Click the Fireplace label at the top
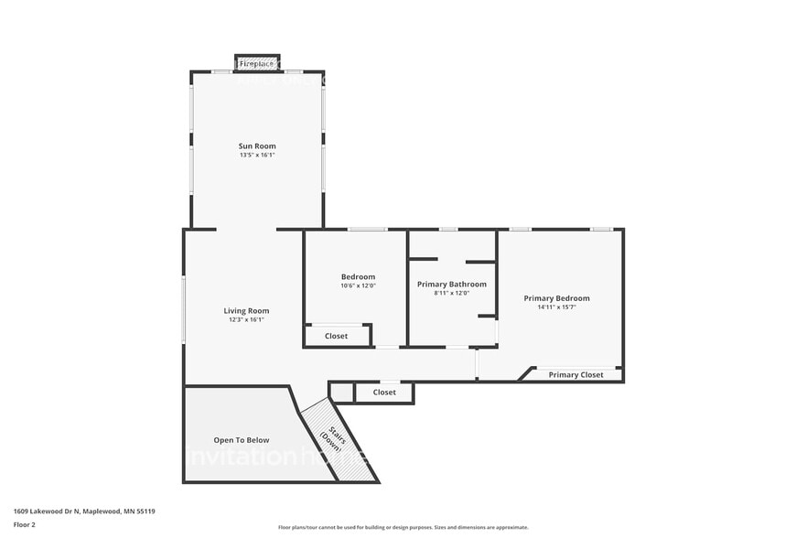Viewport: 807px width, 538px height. pos(257,65)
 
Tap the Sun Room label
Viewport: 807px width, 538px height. pos(257,146)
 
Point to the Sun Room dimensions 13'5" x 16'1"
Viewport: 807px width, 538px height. pos(257,156)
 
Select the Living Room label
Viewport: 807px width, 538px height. pos(246,311)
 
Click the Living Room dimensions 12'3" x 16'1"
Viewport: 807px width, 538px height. pos(246,320)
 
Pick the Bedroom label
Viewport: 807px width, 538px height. pos(358,277)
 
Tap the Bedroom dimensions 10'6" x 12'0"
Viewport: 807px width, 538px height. pos(358,285)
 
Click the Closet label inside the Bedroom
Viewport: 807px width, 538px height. pos(337,337)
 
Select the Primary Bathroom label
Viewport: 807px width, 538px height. pos(452,285)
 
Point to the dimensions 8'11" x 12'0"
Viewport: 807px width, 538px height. pos(452,294)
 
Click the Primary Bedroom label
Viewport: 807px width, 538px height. pos(556,298)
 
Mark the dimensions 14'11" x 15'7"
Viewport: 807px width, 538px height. pos(556,307)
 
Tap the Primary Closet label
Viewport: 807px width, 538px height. pos(576,375)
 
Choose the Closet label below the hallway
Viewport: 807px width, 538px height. pos(384,393)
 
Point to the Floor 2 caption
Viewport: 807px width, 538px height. pos(26,526)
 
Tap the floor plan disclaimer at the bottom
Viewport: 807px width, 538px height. pos(403,527)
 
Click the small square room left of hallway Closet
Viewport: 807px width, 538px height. pos(342,393)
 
